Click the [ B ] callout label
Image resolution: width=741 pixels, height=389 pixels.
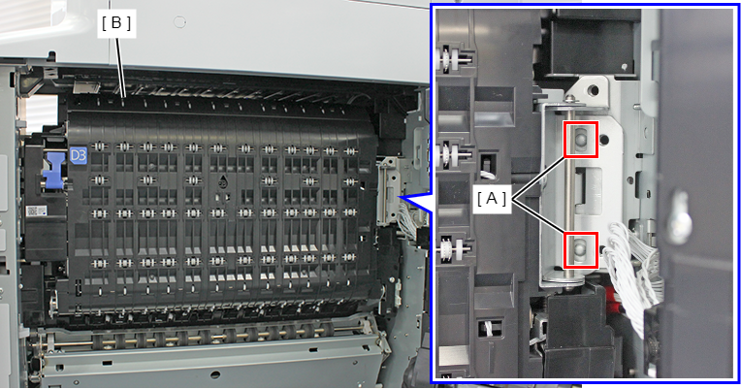point(116,22)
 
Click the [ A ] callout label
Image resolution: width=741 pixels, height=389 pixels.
point(492,199)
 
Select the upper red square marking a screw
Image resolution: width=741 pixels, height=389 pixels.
point(581,139)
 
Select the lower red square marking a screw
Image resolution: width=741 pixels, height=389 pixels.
point(581,250)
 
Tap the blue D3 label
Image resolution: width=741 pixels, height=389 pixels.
point(79,156)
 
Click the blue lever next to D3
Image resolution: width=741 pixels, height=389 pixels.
point(53,171)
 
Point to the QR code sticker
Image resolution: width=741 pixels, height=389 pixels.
point(34,211)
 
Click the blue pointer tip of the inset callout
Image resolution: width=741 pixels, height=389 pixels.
point(399,197)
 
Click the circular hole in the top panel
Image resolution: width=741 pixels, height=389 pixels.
point(179,21)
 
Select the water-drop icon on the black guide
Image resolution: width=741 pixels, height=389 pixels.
point(223,180)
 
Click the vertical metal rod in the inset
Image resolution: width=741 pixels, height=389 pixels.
point(571,194)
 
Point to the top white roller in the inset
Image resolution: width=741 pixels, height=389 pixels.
point(450,59)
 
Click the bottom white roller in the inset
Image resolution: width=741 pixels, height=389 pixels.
point(452,248)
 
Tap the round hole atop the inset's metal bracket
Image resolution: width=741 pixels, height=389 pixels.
point(593,90)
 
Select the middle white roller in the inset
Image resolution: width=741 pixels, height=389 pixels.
point(451,152)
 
